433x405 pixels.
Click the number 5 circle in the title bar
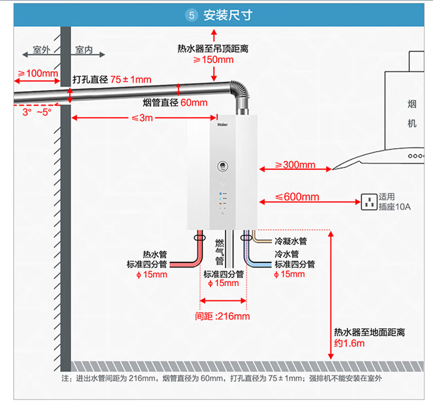click(x=191, y=15)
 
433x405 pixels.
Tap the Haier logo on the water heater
click(x=223, y=125)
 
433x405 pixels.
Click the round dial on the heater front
click(x=223, y=166)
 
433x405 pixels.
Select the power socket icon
click(x=369, y=202)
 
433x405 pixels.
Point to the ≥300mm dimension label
click(x=295, y=165)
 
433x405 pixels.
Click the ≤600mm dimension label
click(x=297, y=197)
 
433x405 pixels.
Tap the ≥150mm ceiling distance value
click(x=213, y=60)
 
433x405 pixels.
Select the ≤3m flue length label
click(x=142, y=118)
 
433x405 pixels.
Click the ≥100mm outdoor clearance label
click(x=38, y=73)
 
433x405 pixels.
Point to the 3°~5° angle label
click(x=37, y=112)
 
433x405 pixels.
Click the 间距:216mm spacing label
click(x=223, y=316)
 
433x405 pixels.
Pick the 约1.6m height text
click(x=349, y=343)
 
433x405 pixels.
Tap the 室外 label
click(x=42, y=50)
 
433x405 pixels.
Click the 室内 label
click(x=84, y=50)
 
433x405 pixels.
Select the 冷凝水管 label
click(x=291, y=241)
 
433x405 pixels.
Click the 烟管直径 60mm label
click(x=175, y=102)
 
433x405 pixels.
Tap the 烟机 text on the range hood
click(x=412, y=114)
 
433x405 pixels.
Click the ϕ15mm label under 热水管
click(x=152, y=275)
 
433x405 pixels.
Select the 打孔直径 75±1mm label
click(x=112, y=79)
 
